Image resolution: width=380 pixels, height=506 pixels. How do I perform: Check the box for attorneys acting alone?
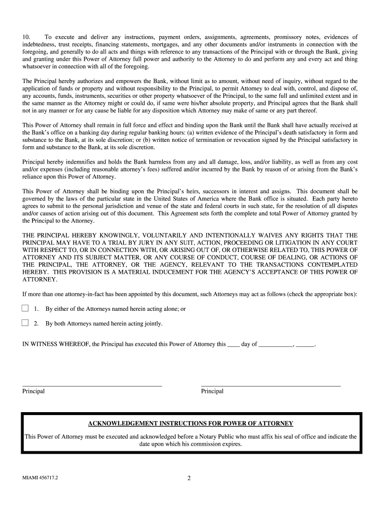coord(25,308)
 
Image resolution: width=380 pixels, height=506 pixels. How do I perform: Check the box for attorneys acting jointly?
coord(25,323)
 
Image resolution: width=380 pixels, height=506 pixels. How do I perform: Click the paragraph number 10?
coord(27,37)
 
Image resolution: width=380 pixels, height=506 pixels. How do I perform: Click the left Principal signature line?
coord(92,384)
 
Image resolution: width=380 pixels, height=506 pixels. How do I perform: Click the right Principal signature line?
coord(270,384)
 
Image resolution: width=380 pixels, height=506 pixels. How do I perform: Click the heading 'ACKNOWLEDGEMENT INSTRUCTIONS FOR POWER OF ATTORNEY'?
coord(190,423)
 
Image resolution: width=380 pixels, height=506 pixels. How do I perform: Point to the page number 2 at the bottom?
coord(189,478)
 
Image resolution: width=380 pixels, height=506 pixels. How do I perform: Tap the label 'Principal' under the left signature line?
coord(34,391)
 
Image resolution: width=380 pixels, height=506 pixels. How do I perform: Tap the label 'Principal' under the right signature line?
coord(212,391)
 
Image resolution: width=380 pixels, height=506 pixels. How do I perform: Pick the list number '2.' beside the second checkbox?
coord(36,324)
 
